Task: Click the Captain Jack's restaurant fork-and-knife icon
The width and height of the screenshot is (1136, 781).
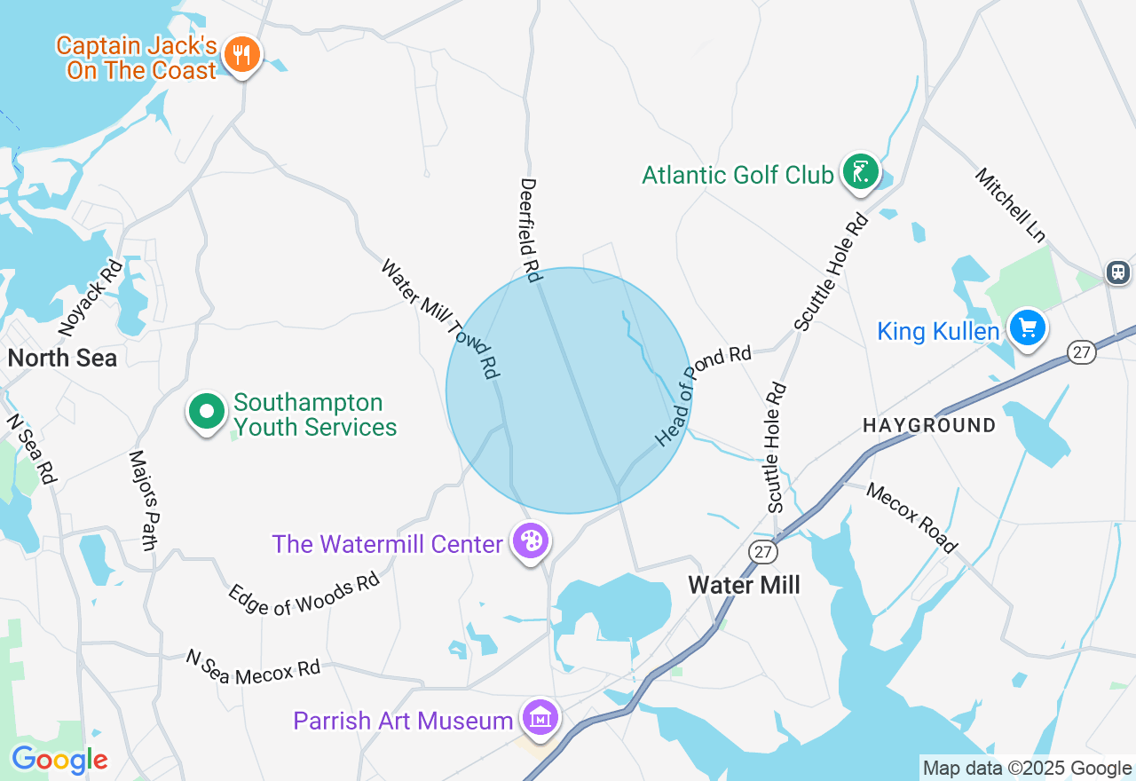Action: point(240,55)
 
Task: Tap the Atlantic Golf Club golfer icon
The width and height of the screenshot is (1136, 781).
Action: point(859,172)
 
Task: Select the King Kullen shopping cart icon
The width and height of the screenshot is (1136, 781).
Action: point(1028,328)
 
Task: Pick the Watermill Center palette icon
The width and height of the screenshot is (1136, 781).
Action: point(531,540)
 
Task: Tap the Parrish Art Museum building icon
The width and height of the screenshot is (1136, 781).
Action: point(539,717)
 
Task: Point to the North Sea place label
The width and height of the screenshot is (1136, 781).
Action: point(62,358)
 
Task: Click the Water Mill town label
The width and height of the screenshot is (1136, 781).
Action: point(744,585)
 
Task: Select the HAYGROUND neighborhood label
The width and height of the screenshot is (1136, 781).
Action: point(929,426)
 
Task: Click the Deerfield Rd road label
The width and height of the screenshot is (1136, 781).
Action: point(530,230)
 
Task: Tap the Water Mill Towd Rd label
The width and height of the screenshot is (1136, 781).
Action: point(440,319)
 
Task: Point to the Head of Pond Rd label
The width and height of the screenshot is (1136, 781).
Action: point(704,395)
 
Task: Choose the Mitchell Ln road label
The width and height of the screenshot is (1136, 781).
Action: point(1011,205)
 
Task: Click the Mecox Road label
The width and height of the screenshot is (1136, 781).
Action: point(912,517)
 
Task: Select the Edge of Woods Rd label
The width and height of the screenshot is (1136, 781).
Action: point(304,592)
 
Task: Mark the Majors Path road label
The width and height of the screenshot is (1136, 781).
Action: point(142,500)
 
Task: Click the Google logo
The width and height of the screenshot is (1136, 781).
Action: point(59,760)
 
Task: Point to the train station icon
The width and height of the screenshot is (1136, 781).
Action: point(1118,272)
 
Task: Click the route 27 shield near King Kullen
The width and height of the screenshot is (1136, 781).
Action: point(1081,352)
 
